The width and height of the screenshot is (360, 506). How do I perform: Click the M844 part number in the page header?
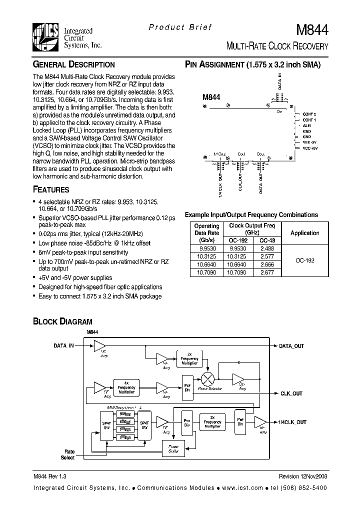[x=313, y=30]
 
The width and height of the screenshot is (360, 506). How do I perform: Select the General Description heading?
[x=73, y=64]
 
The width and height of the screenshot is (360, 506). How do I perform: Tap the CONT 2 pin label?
[x=309, y=114]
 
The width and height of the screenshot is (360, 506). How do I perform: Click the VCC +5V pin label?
[x=309, y=148]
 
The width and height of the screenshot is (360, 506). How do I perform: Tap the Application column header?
[x=304, y=233]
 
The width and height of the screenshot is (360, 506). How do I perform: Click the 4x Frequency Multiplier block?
[x=126, y=387]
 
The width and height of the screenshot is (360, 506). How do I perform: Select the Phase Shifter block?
[x=172, y=448]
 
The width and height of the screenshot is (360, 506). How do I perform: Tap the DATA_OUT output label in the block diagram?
[x=291, y=346]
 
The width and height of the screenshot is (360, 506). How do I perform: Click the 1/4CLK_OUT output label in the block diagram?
[x=292, y=422]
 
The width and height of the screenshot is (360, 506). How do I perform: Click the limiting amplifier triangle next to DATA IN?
[x=99, y=346]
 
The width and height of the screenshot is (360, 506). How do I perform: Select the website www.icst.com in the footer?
[x=246, y=487]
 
